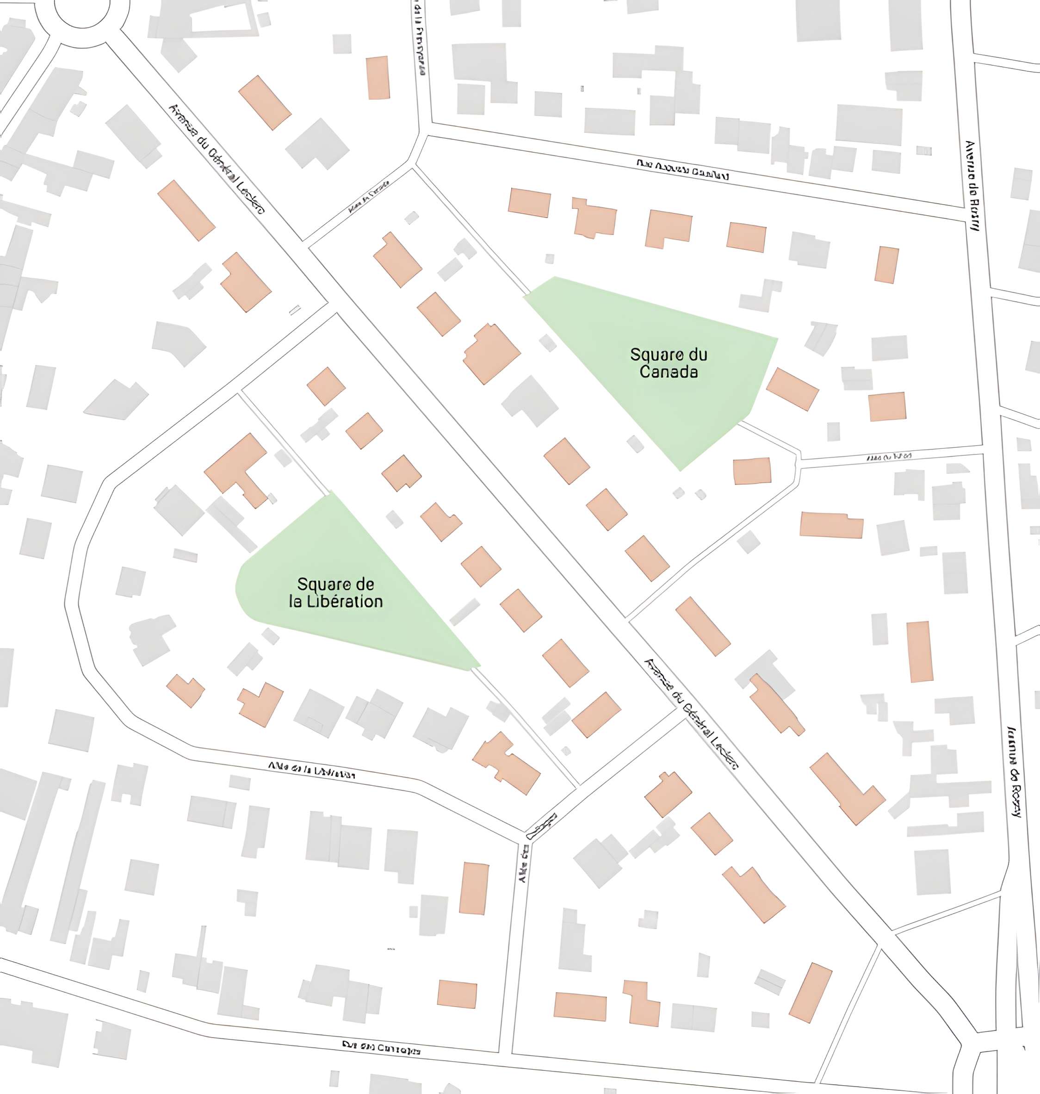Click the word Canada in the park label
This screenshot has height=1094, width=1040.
tap(668, 372)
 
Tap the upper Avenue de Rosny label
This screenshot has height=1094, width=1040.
tap(972, 186)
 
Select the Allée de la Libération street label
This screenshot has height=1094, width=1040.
tap(311, 770)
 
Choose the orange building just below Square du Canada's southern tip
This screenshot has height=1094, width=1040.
tap(752, 471)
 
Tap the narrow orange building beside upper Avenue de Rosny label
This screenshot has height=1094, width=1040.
tap(886, 265)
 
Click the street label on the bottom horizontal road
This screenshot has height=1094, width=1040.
tap(381, 1047)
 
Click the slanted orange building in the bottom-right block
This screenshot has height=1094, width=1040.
tap(810, 993)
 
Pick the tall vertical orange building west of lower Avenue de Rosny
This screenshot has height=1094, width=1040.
tap(920, 652)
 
